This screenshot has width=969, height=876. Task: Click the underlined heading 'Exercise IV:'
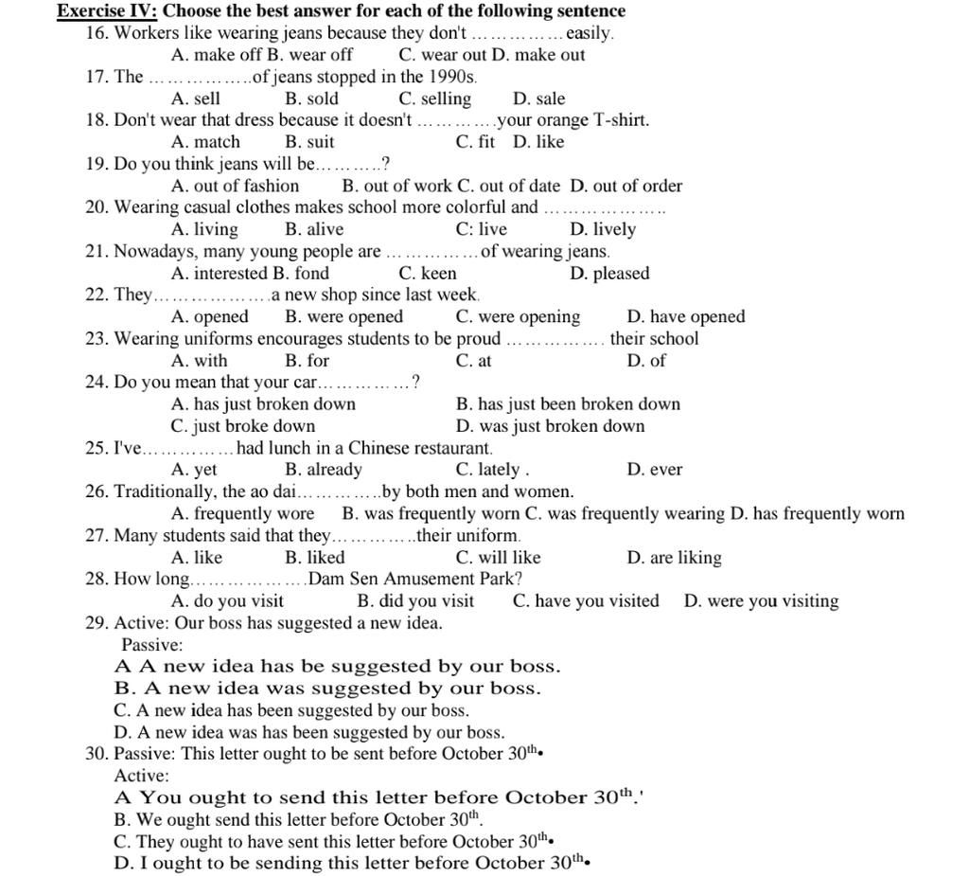click(x=107, y=11)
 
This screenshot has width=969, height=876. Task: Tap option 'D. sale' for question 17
click(x=538, y=98)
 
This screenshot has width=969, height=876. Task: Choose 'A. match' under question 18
click(x=205, y=142)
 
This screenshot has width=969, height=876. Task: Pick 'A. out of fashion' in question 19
click(x=235, y=186)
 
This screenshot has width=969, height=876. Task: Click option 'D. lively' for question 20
click(x=603, y=229)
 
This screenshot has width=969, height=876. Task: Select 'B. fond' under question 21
click(x=301, y=274)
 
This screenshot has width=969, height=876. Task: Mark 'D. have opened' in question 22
click(x=685, y=317)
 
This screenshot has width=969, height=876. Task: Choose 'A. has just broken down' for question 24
click(x=263, y=404)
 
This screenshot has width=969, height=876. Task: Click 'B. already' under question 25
click(x=323, y=470)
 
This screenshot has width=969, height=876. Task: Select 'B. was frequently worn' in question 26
click(x=431, y=514)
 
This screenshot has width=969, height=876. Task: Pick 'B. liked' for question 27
click(x=314, y=558)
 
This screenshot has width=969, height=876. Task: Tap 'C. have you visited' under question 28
click(x=586, y=601)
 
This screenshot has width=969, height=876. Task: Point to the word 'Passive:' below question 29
click(x=151, y=645)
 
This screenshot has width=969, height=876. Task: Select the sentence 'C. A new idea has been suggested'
click(x=291, y=710)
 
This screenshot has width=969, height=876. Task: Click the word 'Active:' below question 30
click(x=141, y=776)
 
